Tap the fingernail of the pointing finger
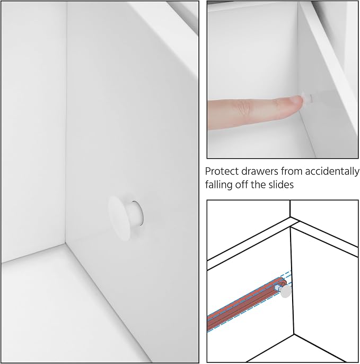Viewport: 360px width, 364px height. (296, 101)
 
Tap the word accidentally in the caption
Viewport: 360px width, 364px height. (332, 171)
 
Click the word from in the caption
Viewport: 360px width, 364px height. (292, 171)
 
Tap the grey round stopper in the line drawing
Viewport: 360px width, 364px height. (286, 292)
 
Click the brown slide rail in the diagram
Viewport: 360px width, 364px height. (247, 304)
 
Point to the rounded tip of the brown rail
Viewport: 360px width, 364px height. (284, 281)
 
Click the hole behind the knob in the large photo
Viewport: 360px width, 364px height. (139, 213)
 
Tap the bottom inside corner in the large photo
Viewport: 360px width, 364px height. (65, 243)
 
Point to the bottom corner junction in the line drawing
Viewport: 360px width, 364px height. (294, 334)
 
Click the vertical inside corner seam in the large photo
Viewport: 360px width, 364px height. (66, 123)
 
